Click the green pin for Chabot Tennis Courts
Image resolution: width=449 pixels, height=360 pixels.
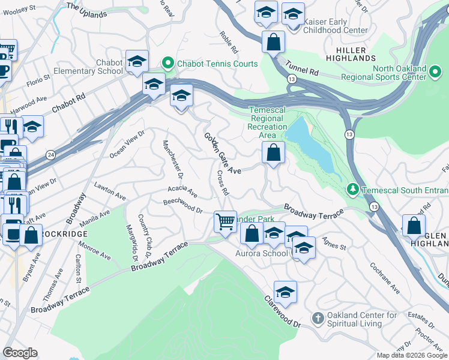pyautogui.click(x=168, y=64)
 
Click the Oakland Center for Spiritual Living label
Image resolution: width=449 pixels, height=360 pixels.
pyautogui.click(x=362, y=319)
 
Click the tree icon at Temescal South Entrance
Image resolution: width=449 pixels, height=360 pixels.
pyautogui.click(x=354, y=191)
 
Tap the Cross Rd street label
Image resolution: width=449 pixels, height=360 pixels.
pyautogui.click(x=223, y=183)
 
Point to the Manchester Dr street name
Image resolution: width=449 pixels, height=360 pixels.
pyautogui.click(x=172, y=159)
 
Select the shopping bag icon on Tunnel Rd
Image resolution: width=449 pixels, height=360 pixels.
pyautogui.click(x=273, y=43)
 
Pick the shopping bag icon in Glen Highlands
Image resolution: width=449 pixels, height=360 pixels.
pyautogui.click(x=413, y=226)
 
